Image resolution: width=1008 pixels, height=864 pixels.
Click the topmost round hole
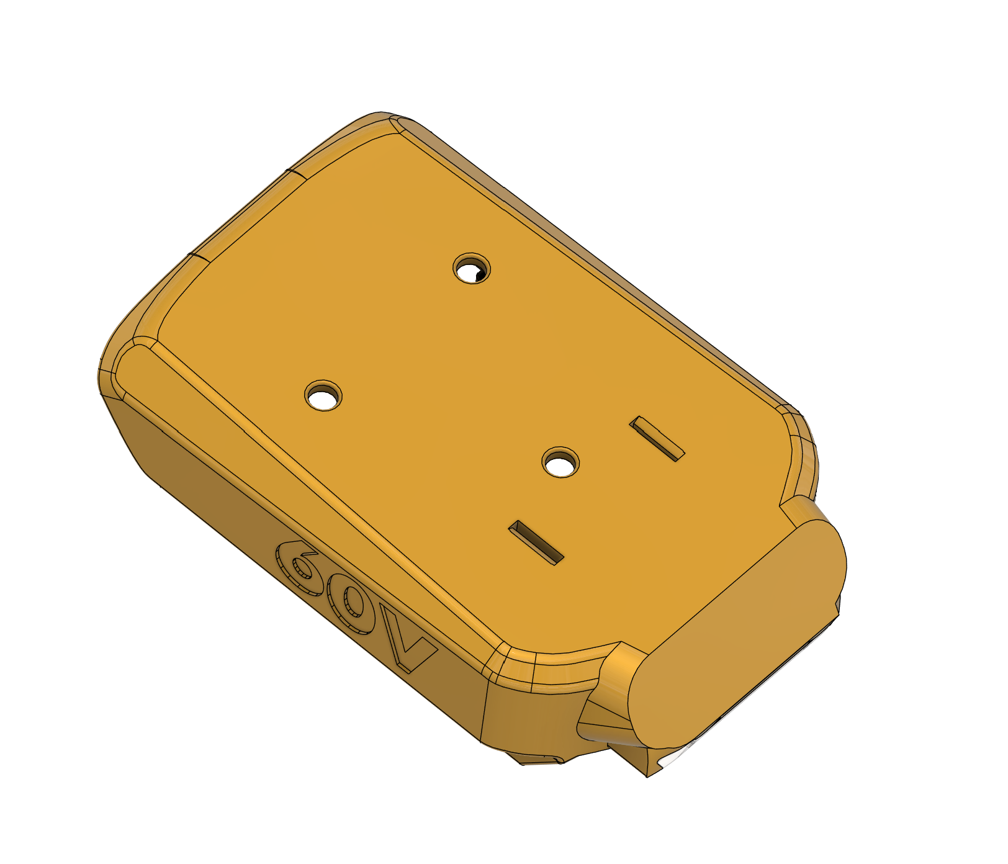point(472,269)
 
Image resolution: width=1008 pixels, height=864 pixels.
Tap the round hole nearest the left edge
point(324,395)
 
